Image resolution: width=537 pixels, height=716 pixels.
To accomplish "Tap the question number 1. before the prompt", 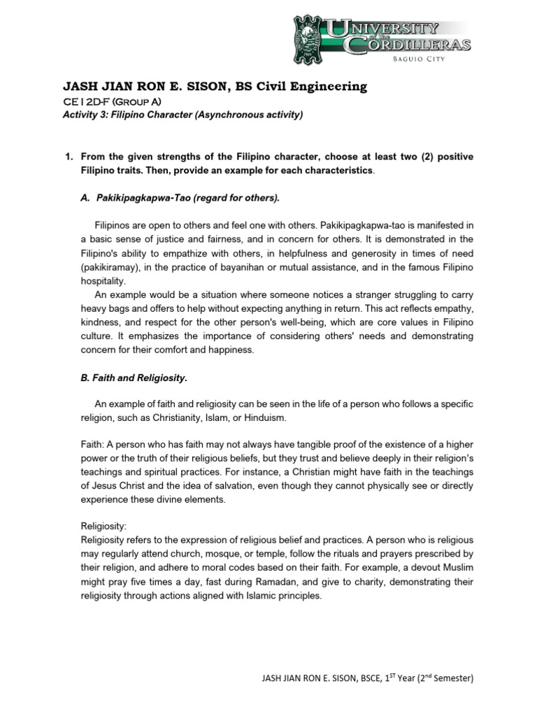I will (x=69, y=157).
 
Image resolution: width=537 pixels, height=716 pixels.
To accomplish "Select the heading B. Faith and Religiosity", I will (x=135, y=378).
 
